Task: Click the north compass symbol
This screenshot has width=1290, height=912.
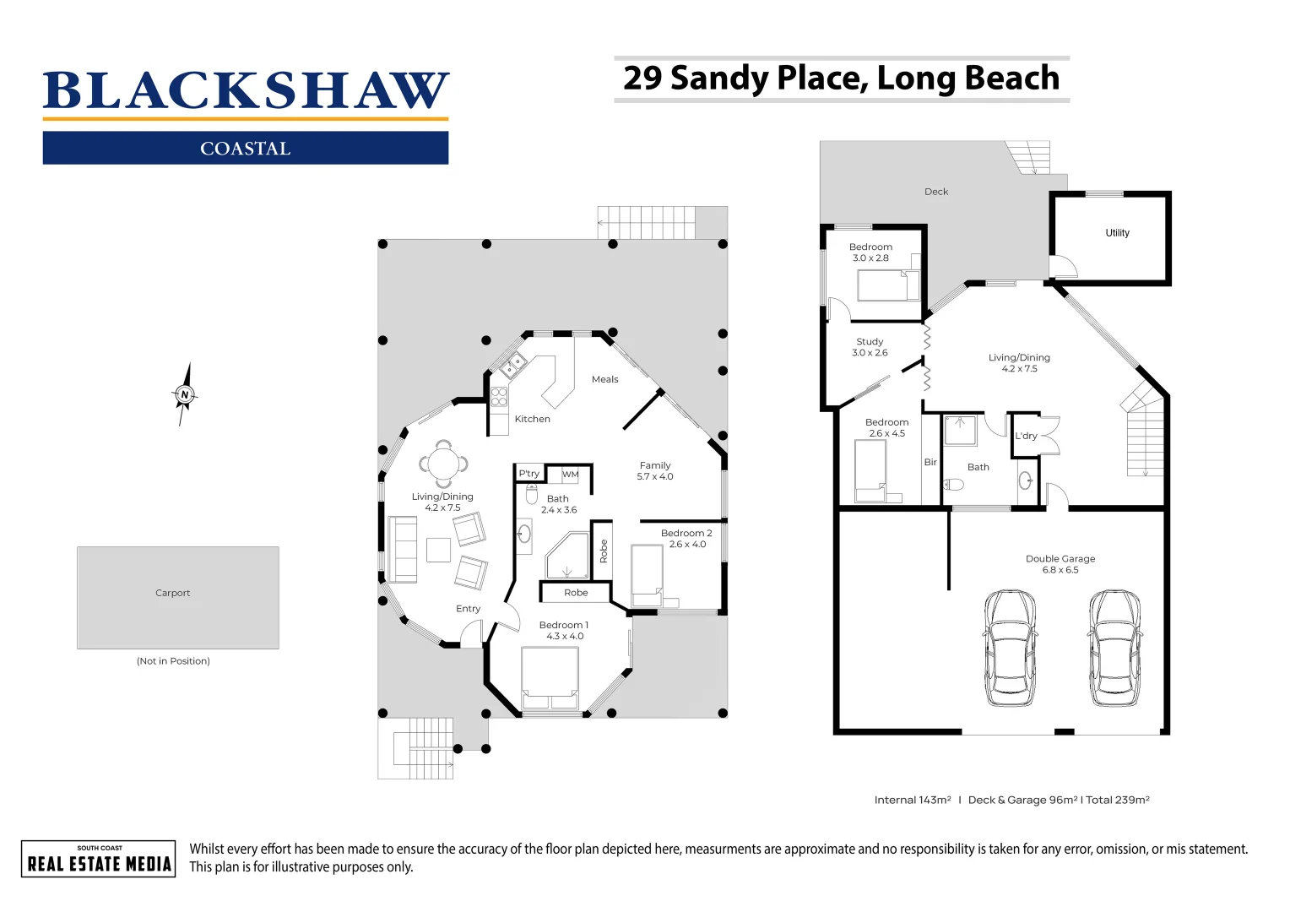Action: [185, 394]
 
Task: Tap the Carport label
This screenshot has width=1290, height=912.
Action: [173, 593]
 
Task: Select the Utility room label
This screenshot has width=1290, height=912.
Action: [1117, 233]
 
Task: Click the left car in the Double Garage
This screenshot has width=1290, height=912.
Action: [1010, 648]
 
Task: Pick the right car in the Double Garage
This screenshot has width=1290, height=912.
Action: [1114, 648]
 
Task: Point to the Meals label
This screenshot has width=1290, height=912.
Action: [604, 379]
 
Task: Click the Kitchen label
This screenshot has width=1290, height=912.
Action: [532, 419]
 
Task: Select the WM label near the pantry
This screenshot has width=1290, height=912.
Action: [571, 475]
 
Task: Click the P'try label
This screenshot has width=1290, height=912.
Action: [529, 474]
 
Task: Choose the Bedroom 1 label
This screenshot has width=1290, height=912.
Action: [564, 625]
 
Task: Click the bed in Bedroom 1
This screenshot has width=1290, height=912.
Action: [550, 677]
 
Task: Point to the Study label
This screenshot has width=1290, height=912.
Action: [870, 342]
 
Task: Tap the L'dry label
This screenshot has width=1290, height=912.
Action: [1026, 436]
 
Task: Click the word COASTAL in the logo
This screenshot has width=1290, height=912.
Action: [245, 149]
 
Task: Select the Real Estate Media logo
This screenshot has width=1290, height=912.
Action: [99, 859]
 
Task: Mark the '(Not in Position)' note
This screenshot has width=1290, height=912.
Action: [173, 661]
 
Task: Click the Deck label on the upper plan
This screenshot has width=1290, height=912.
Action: [935, 192]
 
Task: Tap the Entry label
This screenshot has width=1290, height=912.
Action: [468, 609]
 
